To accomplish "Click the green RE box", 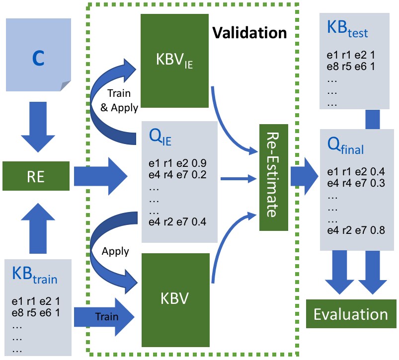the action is click(x=36, y=176).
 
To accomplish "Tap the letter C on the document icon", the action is click(x=38, y=58).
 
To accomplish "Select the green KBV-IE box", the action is click(x=174, y=61).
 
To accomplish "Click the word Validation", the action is click(x=249, y=33).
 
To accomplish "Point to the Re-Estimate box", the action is click(x=274, y=177).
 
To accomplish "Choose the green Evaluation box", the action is click(x=351, y=314).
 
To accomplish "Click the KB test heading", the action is click(x=347, y=29).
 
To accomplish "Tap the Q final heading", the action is click(x=345, y=145).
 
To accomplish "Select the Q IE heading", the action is click(x=160, y=137).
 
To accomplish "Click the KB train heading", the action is click(x=35, y=275).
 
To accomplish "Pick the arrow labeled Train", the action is click(x=104, y=317).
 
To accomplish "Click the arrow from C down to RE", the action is click(x=38, y=127).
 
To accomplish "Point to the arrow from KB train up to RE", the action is click(x=38, y=228).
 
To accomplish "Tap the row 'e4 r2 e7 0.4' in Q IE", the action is click(x=177, y=222).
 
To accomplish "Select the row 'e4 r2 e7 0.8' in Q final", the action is click(x=356, y=230).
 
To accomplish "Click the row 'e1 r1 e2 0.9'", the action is click(x=177, y=163).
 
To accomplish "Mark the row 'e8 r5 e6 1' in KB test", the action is click(x=351, y=67).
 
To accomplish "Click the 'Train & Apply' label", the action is click(x=119, y=100).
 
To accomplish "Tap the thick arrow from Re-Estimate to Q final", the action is click(x=304, y=176).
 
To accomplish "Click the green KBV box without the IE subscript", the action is click(x=175, y=300).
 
